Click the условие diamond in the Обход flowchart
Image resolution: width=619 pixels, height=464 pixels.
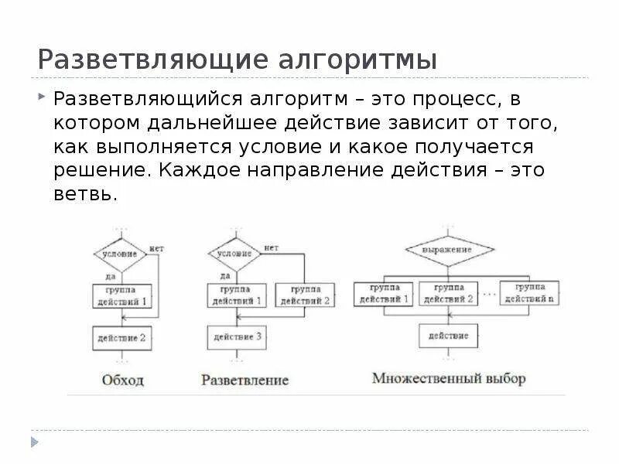[120, 254]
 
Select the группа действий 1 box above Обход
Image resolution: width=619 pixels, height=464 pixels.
[120, 296]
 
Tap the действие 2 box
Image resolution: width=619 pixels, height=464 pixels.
[120, 338]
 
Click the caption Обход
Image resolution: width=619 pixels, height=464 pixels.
[122, 380]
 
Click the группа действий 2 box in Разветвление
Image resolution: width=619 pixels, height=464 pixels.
[304, 295]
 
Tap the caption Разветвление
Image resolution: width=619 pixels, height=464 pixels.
[245, 380]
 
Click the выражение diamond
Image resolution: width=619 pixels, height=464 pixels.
[447, 251]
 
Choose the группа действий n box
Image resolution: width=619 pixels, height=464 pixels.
[530, 293]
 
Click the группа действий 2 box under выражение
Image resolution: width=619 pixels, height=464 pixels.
[447, 293]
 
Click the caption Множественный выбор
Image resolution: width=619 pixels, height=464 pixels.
[449, 379]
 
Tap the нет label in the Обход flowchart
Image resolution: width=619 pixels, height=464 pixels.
[157, 248]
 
